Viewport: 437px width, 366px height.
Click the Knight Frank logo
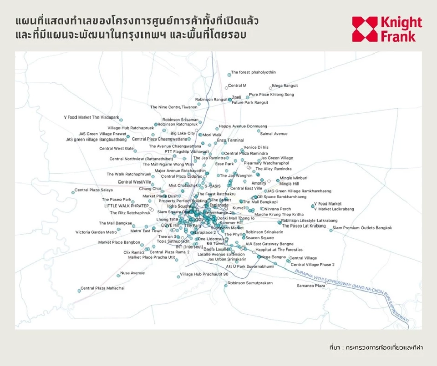click(387, 29)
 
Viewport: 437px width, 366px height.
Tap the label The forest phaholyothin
click(254, 72)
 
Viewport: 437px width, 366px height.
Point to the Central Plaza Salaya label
click(94, 190)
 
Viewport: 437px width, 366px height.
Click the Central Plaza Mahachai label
click(102, 288)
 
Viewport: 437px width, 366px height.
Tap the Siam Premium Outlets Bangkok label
click(362, 228)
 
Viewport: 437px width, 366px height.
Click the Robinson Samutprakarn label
click(250, 283)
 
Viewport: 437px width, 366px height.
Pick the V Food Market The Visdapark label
click(91, 117)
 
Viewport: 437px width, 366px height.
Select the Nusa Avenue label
click(132, 273)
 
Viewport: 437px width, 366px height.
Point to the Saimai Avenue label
click(274, 134)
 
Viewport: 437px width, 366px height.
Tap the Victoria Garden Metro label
click(96, 232)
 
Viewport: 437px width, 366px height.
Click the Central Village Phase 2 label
click(313, 265)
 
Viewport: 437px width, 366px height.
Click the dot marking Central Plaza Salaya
click(73, 192)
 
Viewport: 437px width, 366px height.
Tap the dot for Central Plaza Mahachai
click(79, 291)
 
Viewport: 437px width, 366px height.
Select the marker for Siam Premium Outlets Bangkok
click(331, 230)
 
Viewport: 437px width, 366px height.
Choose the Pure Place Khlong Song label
click(271, 95)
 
